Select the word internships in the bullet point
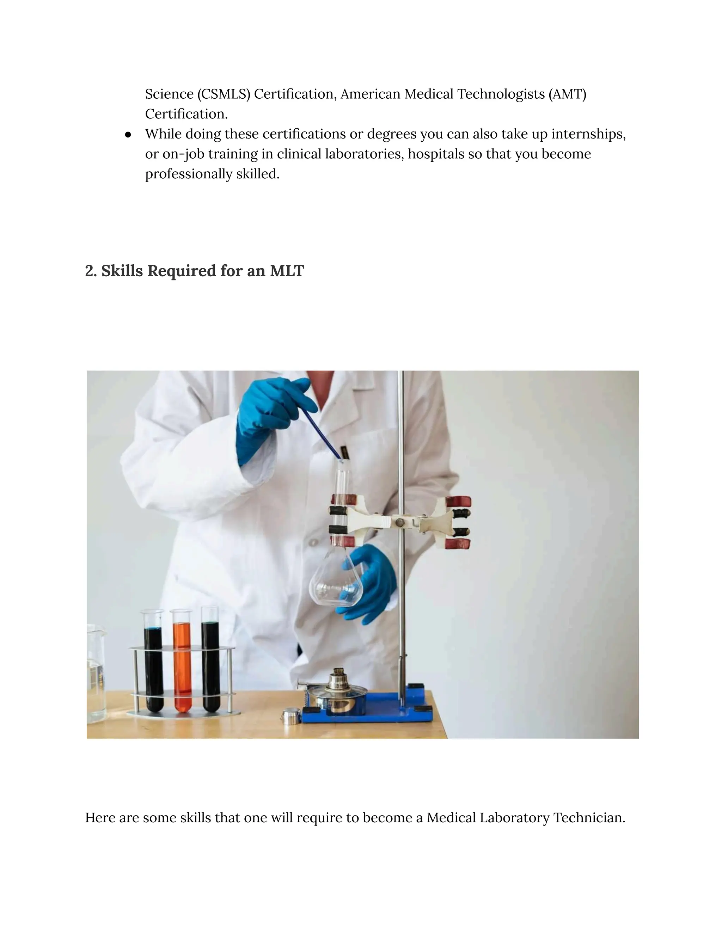[588, 134]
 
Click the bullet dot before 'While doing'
[128, 135]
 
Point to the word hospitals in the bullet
[435, 154]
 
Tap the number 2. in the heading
[91, 271]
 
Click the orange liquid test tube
[182, 667]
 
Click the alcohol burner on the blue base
[338, 693]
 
